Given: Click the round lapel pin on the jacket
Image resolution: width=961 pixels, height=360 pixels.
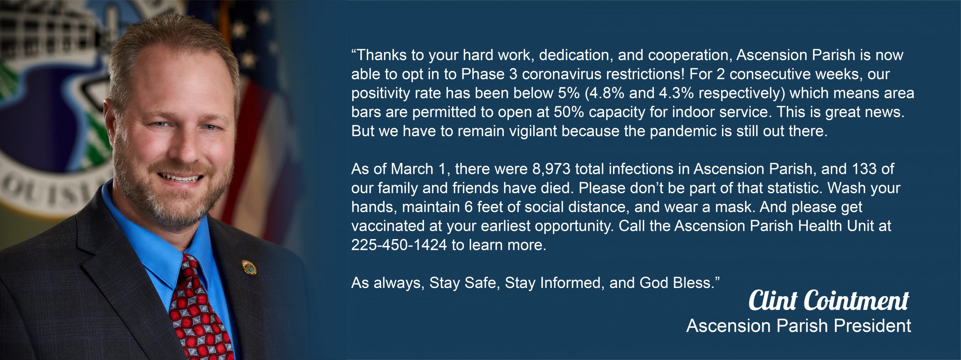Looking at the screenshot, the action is point(249,267).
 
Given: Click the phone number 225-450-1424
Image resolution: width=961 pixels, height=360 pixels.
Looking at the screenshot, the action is point(399,245).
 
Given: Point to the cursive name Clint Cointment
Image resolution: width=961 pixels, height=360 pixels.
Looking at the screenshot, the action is point(829,300).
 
